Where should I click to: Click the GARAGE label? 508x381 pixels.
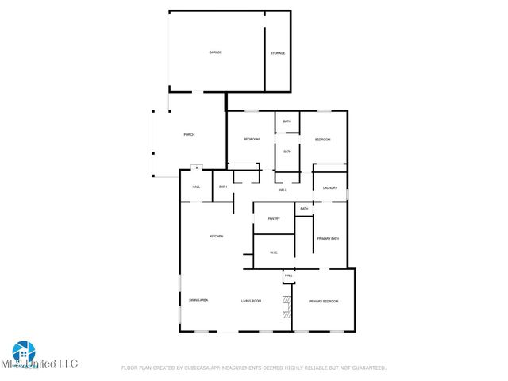215,52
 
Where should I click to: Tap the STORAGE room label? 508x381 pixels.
278,53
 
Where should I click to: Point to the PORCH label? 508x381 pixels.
189,135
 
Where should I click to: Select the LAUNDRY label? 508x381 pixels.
330,188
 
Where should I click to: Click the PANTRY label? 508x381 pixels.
274,219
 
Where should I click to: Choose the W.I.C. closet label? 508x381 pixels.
273,253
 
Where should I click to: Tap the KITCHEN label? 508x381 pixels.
216,237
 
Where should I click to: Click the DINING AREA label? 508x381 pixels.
198,301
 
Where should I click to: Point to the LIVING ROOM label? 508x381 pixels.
252,301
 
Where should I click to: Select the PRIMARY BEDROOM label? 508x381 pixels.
324,301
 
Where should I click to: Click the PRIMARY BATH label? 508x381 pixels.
328,238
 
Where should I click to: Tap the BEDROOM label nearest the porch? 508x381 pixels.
252,140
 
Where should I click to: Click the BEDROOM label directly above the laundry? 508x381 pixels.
322,140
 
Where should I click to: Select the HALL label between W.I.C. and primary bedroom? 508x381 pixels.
288,275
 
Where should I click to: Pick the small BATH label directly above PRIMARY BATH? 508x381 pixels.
304,208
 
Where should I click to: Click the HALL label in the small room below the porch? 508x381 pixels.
196,187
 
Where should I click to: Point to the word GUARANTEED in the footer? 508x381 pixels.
367,368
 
